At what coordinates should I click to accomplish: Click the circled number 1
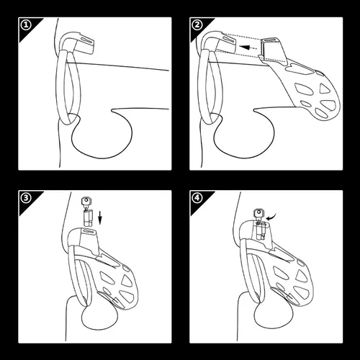(26, 25)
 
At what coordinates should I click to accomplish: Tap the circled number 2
(197, 25)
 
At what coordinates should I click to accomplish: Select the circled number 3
(26, 198)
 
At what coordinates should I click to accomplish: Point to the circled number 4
(197, 198)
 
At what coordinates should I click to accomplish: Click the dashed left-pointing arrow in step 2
(248, 48)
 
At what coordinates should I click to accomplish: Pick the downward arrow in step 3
(100, 217)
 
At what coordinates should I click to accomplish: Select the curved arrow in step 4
(271, 217)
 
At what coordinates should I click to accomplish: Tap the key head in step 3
(86, 200)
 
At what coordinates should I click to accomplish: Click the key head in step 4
(258, 212)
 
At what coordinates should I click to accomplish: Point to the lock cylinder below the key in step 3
(88, 217)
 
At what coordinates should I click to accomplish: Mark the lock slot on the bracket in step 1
(86, 40)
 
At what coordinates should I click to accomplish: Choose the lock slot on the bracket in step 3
(89, 232)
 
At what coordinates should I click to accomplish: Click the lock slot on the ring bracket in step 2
(229, 40)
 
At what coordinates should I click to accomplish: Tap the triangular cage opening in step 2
(325, 89)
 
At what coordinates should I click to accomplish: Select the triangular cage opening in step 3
(127, 281)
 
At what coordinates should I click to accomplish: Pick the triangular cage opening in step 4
(302, 276)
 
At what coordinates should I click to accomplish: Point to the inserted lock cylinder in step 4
(261, 230)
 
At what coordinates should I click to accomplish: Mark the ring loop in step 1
(68, 86)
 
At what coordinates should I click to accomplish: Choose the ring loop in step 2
(210, 86)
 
